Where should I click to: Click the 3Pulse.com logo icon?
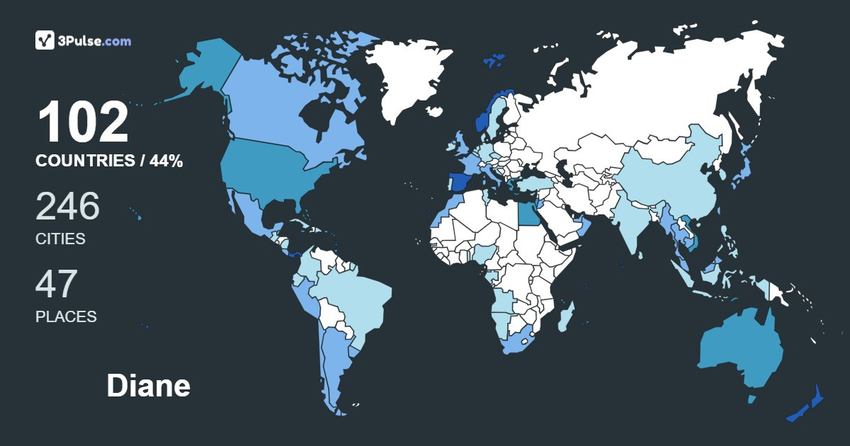coord(45,40)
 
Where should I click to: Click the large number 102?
coord(84,123)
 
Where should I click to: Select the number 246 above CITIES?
coord(68,206)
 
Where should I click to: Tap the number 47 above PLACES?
coord(57,283)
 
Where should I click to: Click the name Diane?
coord(148,387)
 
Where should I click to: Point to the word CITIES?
coord(60,239)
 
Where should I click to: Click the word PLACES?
coord(66,316)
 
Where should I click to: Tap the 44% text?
coord(166,161)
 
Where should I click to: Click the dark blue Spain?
coord(460,182)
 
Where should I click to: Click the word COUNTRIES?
coord(85,161)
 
